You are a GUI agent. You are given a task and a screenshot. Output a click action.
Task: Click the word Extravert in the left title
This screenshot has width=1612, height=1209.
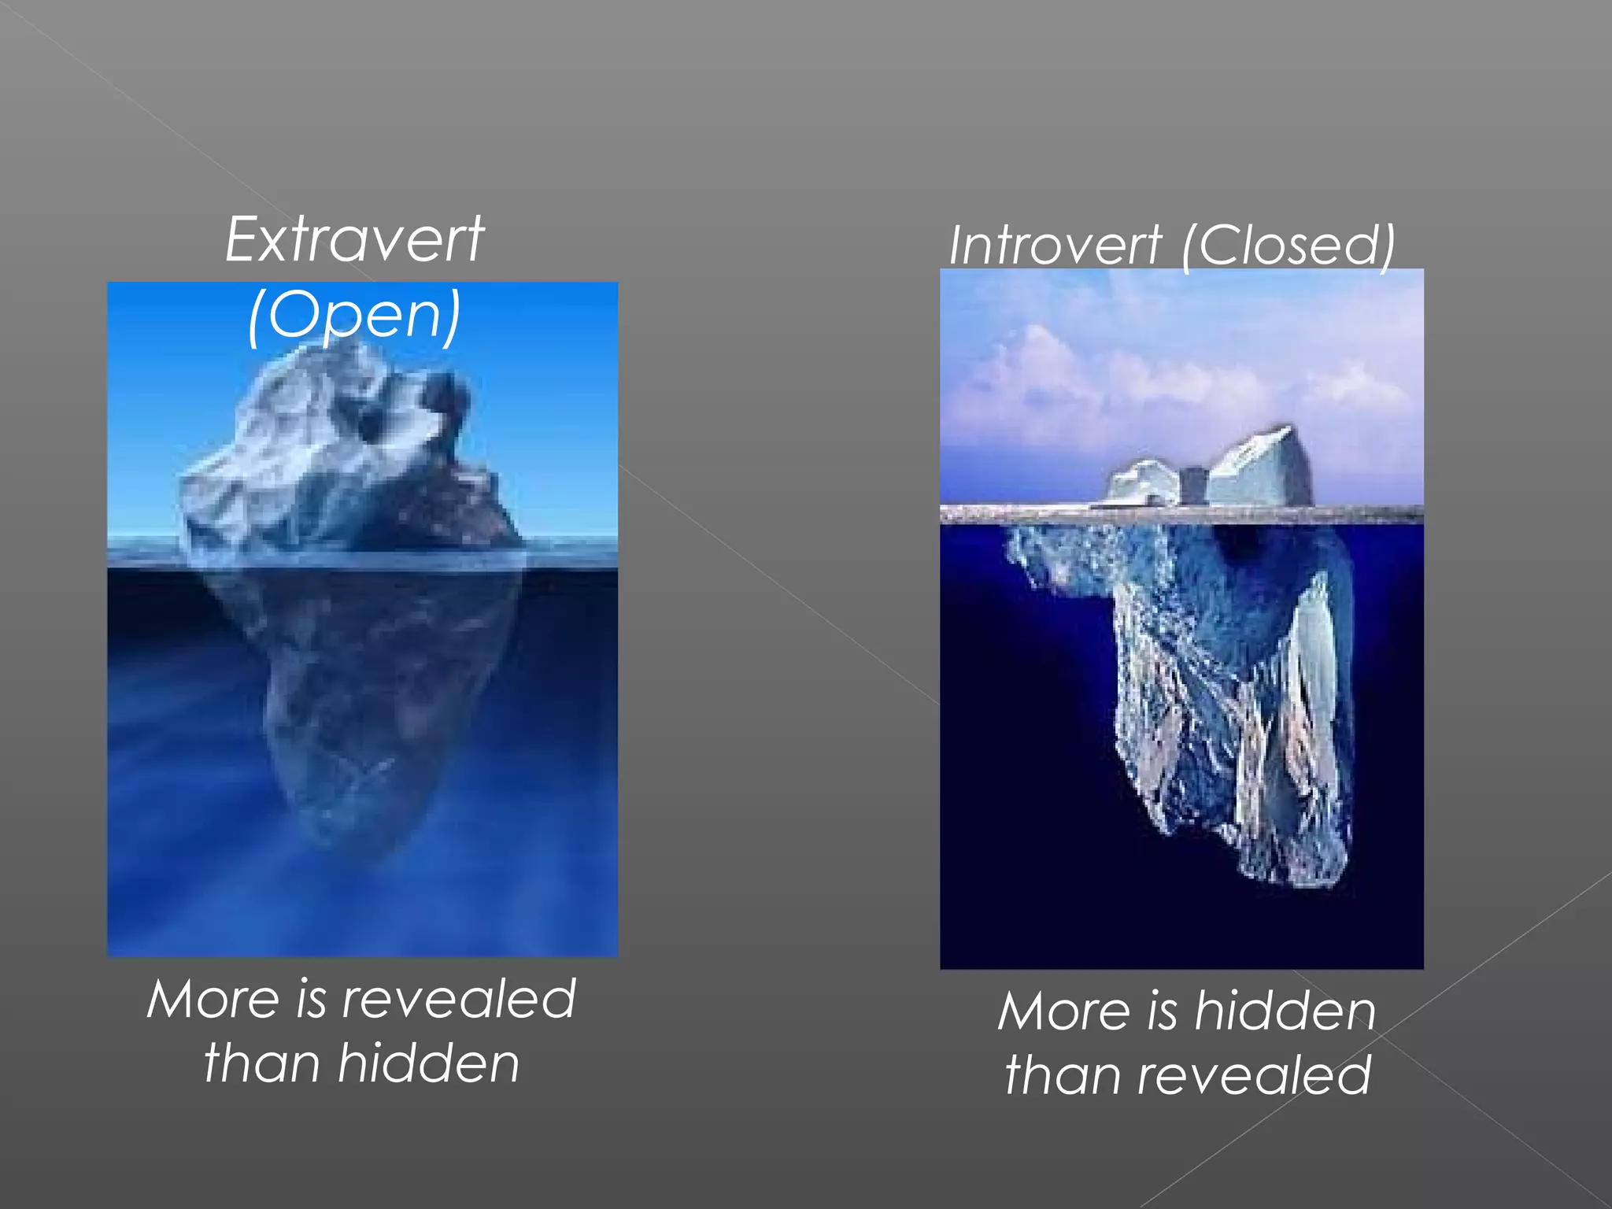point(354,240)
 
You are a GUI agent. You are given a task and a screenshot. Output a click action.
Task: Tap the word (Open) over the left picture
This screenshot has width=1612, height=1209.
point(354,315)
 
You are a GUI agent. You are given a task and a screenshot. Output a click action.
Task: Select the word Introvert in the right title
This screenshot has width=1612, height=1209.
point(1055,246)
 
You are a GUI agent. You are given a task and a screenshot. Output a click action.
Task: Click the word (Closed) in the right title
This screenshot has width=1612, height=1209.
point(1288,246)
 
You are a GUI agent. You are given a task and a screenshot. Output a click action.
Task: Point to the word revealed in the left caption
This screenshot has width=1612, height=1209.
point(459,1000)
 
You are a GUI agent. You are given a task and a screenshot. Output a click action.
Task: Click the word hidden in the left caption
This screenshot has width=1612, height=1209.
point(429,1063)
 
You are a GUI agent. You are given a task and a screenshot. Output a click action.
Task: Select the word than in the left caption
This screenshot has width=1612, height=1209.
point(260,1063)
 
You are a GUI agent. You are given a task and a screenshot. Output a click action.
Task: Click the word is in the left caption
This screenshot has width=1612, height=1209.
point(311,1000)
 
